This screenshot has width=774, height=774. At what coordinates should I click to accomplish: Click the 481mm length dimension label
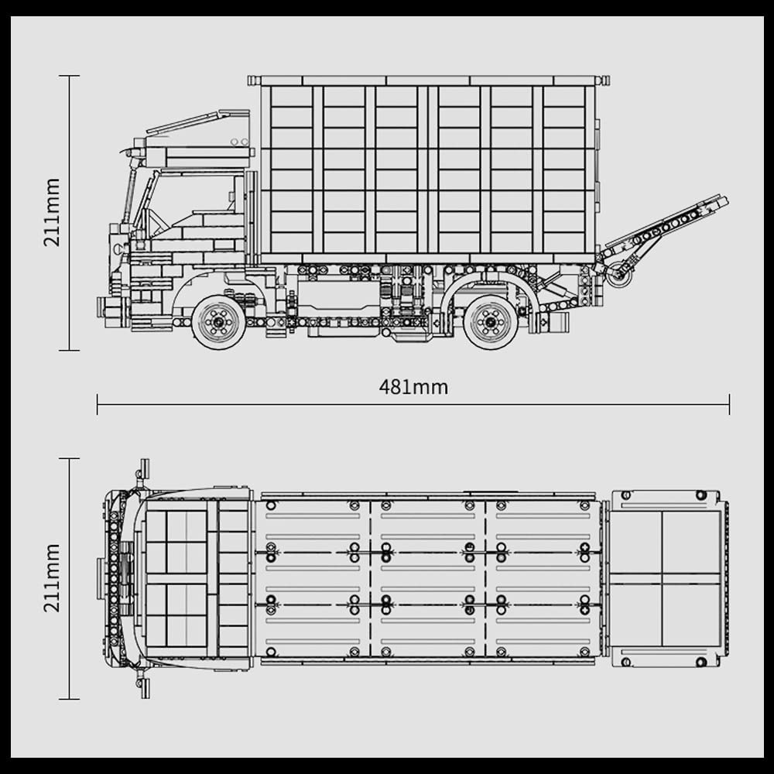click(413, 387)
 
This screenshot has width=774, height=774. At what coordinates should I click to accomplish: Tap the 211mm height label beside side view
click(52, 212)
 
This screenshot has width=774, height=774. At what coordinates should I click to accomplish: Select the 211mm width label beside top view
click(52, 578)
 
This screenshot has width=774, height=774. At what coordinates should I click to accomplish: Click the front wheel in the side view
click(218, 322)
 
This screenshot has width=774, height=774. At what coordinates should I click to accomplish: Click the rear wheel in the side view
click(491, 322)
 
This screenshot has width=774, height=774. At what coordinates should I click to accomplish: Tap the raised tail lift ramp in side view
click(666, 222)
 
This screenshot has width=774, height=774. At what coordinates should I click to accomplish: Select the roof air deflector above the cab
click(197, 123)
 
